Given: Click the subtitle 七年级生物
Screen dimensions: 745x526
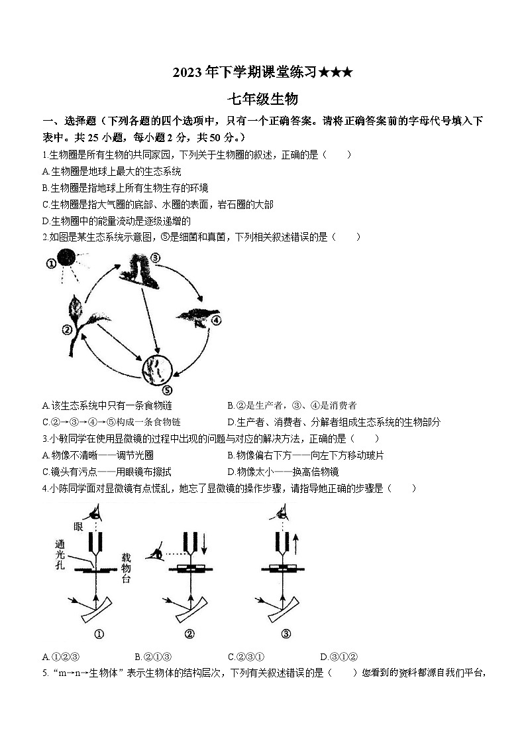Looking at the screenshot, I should [262, 100].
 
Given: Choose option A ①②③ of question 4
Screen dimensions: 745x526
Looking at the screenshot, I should [61, 657].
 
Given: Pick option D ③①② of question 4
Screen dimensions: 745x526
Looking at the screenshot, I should [339, 657].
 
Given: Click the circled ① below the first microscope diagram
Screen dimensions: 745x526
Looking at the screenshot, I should [99, 634].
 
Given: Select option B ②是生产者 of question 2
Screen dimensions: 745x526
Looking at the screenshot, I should [291, 405].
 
